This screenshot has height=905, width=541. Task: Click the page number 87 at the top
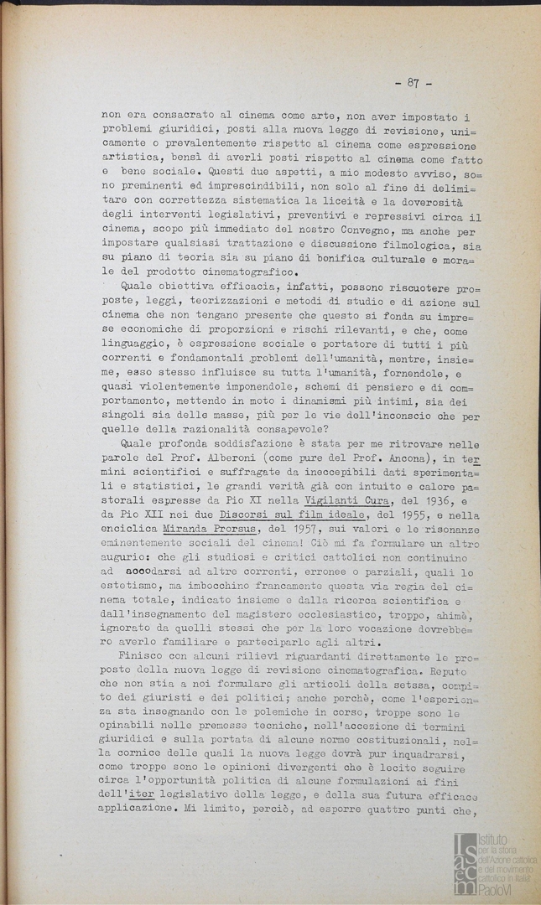coord(413,83)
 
